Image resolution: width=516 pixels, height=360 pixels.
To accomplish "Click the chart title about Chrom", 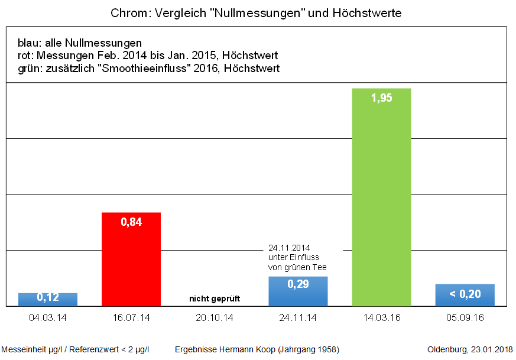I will click(256, 13).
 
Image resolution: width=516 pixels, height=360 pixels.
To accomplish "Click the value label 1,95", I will click(381, 99).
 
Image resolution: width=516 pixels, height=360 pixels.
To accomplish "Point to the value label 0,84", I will click(131, 222).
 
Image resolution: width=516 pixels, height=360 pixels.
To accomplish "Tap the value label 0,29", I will click(298, 285).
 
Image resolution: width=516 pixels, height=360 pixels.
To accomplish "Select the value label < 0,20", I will click(465, 294).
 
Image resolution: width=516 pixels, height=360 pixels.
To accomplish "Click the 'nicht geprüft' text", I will click(215, 299).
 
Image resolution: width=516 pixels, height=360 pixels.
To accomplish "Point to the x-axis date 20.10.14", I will click(215, 318).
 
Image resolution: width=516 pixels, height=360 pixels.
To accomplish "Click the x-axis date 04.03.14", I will click(48, 318).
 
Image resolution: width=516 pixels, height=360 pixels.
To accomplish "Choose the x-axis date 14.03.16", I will click(381, 318).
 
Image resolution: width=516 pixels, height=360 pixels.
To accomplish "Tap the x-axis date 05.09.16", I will click(465, 318).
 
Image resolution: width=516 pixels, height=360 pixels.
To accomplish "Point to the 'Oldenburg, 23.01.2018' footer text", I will click(470, 349).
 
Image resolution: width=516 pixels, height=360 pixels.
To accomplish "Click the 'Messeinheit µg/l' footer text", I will click(75, 349).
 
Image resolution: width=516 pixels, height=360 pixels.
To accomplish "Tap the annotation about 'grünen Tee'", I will click(297, 258).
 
